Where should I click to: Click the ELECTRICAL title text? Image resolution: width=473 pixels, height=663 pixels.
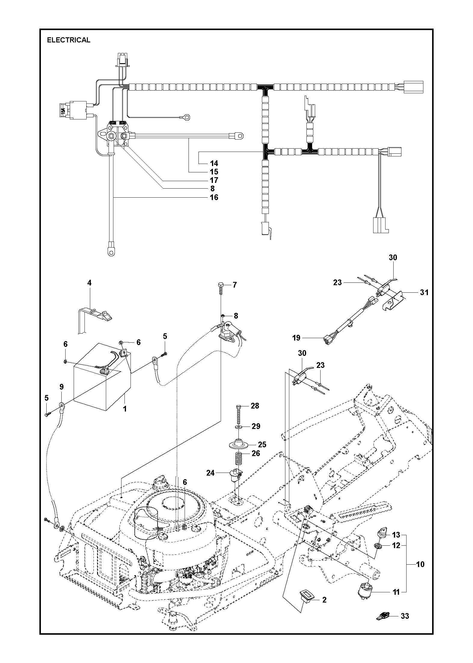coord(69,40)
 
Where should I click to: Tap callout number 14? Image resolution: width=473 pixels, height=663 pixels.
coord(214,163)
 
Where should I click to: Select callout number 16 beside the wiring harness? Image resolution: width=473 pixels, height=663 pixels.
coord(214,197)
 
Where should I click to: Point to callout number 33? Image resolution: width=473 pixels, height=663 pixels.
coord(405,622)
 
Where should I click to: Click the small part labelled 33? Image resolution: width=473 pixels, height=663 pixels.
coord(382,622)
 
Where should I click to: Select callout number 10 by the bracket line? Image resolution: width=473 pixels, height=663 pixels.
coord(420,564)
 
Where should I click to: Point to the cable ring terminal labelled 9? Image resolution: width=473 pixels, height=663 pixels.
coord(61,407)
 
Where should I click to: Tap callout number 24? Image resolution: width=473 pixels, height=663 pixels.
coord(210,473)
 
